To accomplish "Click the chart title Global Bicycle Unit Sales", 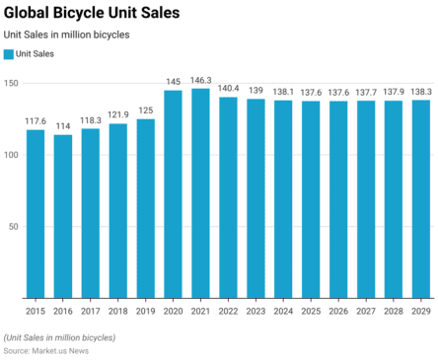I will (x=91, y=13).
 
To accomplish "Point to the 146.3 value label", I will (x=200, y=80).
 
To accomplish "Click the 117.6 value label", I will (x=35, y=121).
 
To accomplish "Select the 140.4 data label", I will (x=228, y=88).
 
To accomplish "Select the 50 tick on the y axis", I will (x=13, y=226).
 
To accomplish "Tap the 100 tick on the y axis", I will (x=10, y=155).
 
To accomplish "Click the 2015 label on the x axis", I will (x=35, y=310).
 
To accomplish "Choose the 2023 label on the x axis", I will (x=255, y=310).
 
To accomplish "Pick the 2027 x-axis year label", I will (x=365, y=310).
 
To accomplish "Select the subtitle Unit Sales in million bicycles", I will (x=66, y=35).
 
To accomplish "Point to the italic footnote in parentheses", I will (x=59, y=337).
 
